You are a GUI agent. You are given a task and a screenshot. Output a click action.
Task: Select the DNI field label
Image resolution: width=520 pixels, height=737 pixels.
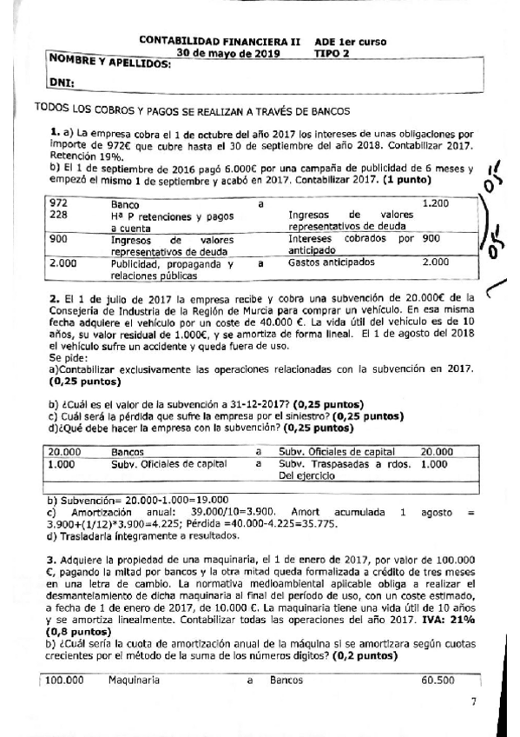tap(63, 83)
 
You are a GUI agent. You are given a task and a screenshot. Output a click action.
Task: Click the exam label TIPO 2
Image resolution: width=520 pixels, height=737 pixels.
tap(332, 52)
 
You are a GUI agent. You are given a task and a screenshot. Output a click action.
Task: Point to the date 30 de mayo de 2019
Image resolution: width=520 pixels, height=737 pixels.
tap(223, 52)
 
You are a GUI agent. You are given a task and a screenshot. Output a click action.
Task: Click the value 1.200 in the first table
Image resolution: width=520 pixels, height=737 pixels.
tap(435, 203)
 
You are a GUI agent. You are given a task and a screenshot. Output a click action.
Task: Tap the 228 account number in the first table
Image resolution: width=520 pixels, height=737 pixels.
tap(58, 214)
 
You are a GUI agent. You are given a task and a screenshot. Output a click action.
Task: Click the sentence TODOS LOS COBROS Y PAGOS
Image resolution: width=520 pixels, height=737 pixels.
tap(190, 111)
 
